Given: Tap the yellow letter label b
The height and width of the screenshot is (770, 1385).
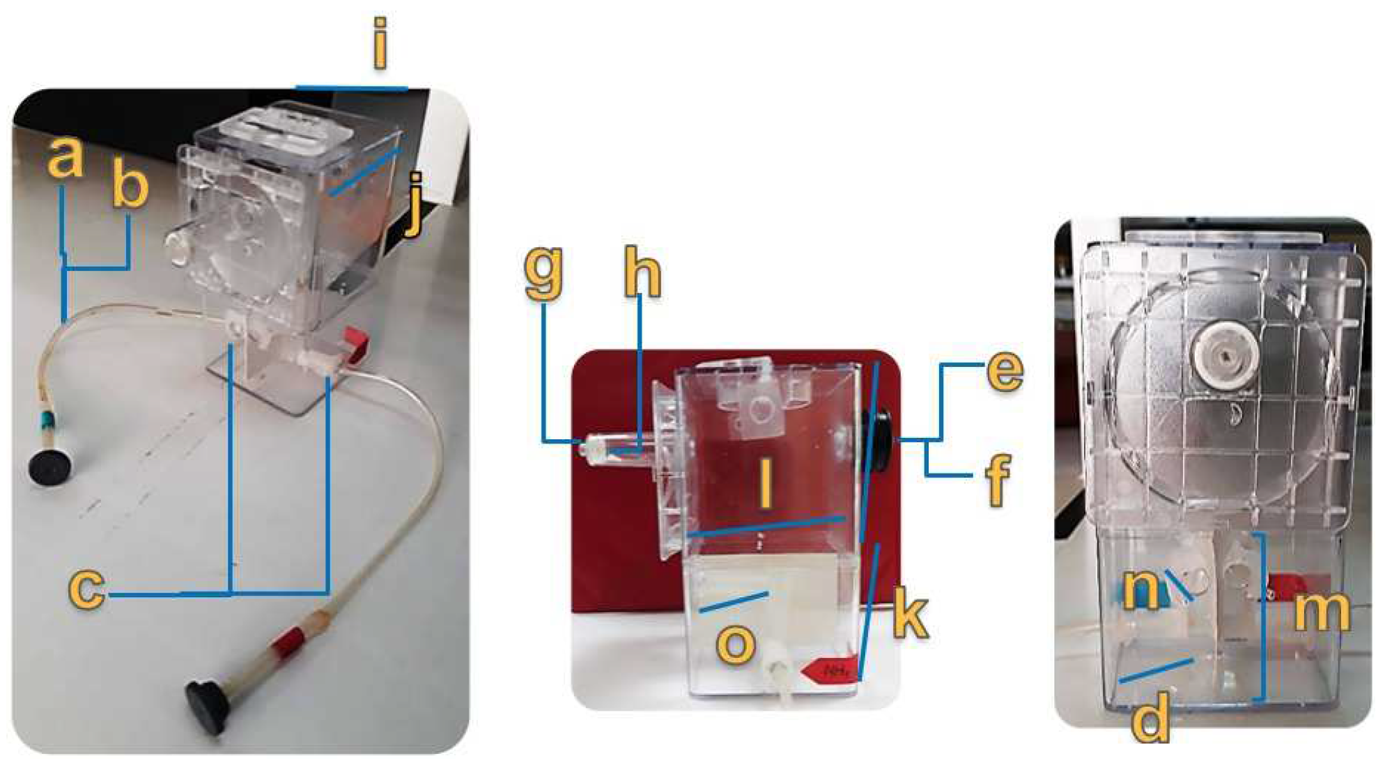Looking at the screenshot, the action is tap(131, 183).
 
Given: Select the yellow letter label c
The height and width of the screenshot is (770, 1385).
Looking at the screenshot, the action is tap(87, 588).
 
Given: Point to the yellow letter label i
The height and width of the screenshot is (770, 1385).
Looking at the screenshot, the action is tap(380, 43).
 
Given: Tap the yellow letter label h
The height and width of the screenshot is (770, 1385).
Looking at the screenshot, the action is tap(642, 274).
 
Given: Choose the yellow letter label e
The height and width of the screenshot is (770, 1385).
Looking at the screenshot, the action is tap(1005, 370).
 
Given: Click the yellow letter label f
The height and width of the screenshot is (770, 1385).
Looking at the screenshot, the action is tap(998, 479).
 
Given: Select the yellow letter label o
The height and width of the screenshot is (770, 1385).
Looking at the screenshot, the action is tap(736, 643).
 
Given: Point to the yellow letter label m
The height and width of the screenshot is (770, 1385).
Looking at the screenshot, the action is tap(1322, 611).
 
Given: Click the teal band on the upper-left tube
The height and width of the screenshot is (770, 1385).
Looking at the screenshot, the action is tap(48, 420).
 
